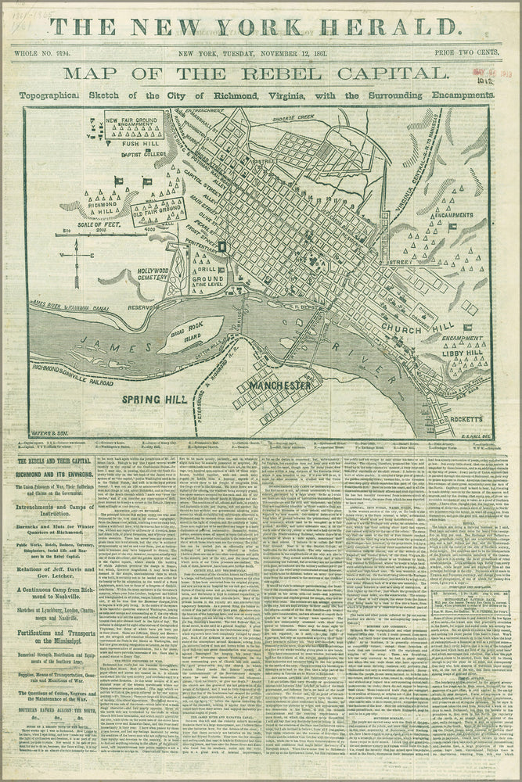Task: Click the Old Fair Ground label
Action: tap(161, 210)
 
